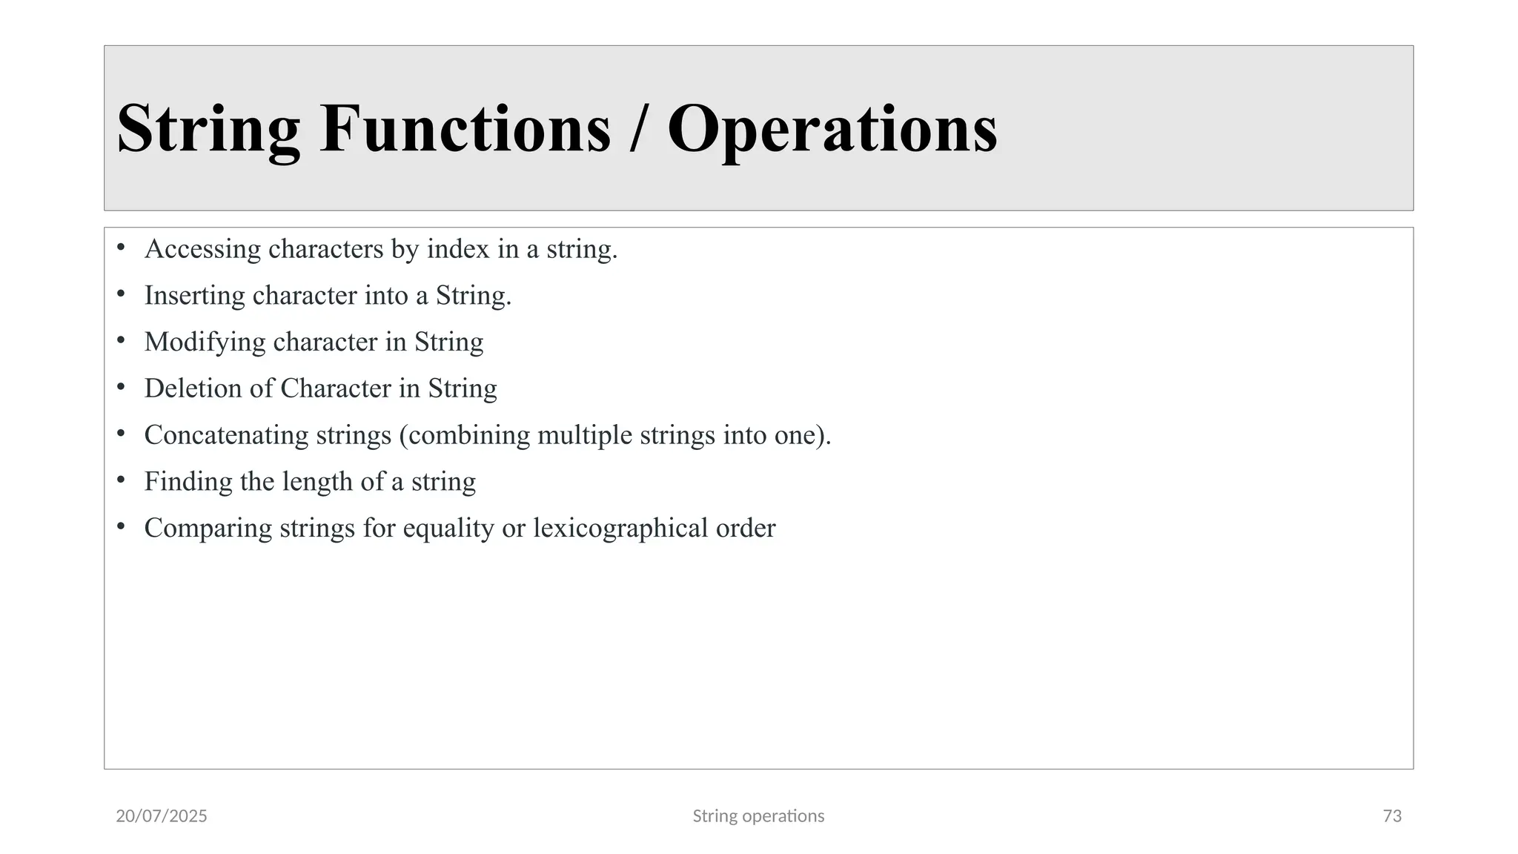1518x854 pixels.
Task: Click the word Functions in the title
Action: tap(465, 128)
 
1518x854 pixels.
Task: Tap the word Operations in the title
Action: tap(832, 130)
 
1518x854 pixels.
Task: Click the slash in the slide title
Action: tap(637, 130)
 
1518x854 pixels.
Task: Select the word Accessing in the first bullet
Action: tap(202, 250)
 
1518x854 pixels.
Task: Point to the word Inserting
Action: tap(194, 296)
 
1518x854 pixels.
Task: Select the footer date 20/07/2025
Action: tap(162, 816)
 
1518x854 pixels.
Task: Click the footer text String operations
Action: tap(758, 816)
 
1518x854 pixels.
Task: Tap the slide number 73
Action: tap(1392, 816)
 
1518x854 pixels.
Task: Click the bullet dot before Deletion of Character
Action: tap(121, 387)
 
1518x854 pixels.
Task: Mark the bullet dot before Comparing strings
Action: tap(121, 526)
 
